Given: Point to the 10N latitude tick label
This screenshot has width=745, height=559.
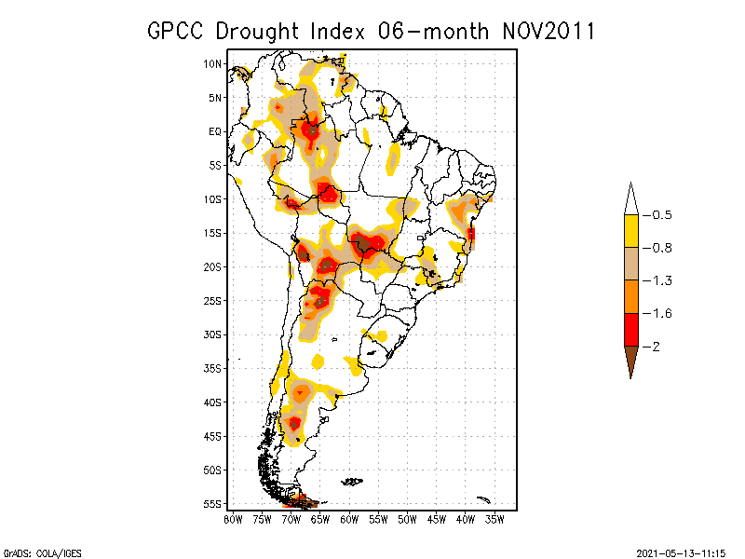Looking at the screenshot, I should (x=212, y=63).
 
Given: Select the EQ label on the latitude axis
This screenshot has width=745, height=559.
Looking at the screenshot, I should (x=215, y=131).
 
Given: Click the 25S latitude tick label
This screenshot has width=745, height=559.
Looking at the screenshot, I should (x=212, y=300).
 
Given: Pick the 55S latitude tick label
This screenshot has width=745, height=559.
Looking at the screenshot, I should (x=212, y=503).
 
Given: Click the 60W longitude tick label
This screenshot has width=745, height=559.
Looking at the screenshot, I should (x=349, y=518).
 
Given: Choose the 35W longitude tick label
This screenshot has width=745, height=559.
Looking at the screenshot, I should (x=495, y=518).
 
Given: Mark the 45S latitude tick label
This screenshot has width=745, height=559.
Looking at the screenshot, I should (x=212, y=435).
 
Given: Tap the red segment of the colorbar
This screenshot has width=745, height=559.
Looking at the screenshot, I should (x=630, y=329).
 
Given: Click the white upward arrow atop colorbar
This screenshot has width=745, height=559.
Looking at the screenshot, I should (x=630, y=198).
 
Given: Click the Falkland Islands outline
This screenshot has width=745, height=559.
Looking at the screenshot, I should (x=351, y=482).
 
